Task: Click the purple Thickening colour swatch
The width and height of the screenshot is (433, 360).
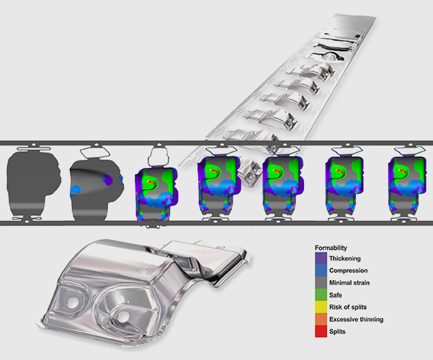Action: click(321, 258)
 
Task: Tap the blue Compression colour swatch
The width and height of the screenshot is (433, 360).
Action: click(321, 271)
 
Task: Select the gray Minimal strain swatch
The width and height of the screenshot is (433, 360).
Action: click(321, 283)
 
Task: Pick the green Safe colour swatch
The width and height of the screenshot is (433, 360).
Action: click(321, 295)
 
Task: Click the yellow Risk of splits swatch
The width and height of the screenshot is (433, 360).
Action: click(321, 307)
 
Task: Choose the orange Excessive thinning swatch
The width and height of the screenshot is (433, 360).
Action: click(321, 319)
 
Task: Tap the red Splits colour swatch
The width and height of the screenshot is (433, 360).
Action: click(321, 331)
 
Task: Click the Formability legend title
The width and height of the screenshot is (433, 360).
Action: click(331, 248)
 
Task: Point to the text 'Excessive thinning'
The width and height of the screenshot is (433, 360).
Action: click(356, 320)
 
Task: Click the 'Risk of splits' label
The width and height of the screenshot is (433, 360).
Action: click(348, 307)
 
